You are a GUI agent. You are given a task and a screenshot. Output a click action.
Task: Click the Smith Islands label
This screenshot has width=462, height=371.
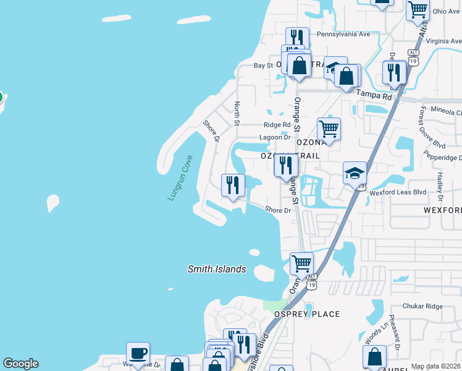(x=217, y=269)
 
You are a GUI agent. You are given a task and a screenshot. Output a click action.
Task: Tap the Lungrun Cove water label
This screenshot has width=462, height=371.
(x=180, y=177)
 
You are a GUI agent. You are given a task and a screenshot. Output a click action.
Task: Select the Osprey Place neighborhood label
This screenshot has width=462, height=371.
(x=307, y=314)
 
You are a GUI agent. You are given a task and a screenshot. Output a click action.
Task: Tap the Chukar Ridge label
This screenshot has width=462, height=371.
(x=422, y=306)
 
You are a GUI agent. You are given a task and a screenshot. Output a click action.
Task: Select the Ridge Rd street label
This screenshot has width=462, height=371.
(x=277, y=125)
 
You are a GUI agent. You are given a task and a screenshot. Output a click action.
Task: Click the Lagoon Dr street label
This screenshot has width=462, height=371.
(x=274, y=138)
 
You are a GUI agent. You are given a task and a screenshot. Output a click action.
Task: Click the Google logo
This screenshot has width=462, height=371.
(x=20, y=364)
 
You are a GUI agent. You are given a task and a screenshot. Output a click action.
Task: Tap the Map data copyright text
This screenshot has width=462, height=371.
(x=436, y=366)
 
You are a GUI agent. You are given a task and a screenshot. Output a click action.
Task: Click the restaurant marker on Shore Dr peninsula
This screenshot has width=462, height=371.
(x=233, y=185)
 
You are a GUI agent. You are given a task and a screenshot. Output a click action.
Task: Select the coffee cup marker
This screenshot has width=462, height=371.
(x=138, y=354)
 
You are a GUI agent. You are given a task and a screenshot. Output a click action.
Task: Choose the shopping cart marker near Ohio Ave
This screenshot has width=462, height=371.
(x=418, y=9)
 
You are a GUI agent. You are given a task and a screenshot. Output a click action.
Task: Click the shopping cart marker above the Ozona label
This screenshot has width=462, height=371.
(x=329, y=129)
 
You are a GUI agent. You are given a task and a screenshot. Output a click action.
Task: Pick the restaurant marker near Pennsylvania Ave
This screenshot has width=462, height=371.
(x=296, y=38)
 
